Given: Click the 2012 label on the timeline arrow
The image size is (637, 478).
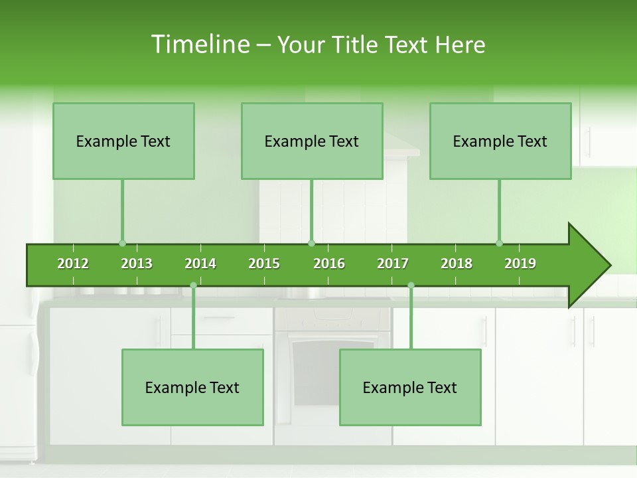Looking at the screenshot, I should (73, 264).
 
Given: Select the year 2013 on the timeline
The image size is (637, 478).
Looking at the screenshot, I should (137, 264).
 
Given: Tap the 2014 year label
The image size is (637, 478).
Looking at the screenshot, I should (200, 264).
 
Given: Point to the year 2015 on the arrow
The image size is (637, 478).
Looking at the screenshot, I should (264, 264).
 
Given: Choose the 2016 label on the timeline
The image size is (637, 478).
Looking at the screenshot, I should (329, 264).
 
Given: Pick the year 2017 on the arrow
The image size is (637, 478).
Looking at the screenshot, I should (393, 264).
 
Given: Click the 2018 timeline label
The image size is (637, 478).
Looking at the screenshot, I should (457, 264).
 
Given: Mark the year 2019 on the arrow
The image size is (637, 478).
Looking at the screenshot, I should (520, 264).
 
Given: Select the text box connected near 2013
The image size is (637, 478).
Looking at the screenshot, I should (123, 141).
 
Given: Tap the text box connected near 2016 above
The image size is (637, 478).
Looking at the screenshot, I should (312, 141).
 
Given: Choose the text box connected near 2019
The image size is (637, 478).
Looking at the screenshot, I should (500, 141).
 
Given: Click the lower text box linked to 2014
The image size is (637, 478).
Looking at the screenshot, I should (192, 387).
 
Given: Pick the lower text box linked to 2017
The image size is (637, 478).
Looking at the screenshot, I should (410, 387).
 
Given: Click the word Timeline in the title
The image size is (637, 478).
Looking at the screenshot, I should (199, 44).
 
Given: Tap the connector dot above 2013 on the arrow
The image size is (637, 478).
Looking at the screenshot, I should (122, 243).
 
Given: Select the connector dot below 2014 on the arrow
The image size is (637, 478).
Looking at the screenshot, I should (193, 285).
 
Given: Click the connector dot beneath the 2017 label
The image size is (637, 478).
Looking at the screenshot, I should (411, 285).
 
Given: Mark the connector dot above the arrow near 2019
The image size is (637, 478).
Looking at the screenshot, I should (499, 243).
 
